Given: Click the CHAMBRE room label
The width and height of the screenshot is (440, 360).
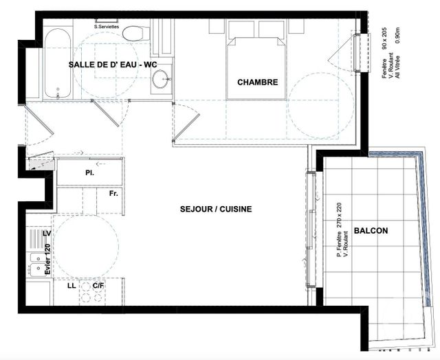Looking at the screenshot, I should tap(258, 82).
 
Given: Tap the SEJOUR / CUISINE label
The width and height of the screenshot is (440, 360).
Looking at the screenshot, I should tap(216, 209).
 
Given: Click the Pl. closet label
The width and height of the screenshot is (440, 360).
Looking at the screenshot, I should tap(89, 172).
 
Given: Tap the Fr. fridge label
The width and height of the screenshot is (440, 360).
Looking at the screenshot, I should tap(113, 194).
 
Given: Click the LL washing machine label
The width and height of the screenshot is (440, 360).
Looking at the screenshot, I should tap(71, 285).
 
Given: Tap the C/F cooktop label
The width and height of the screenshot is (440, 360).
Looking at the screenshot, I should tap(98, 285).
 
